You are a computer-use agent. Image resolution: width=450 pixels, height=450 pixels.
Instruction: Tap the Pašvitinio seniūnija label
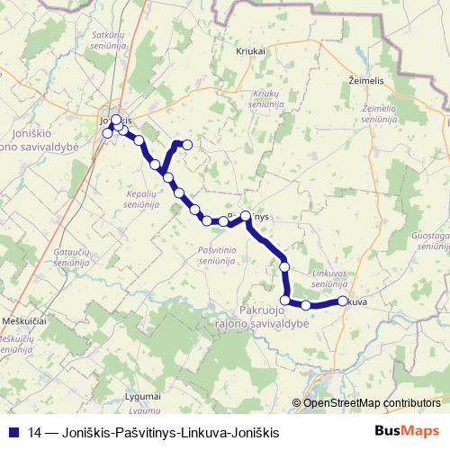tap(215, 254)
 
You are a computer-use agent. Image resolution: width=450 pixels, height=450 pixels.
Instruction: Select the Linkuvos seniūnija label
tap(330, 278)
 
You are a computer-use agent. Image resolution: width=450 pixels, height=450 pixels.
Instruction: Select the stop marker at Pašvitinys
tap(245, 216)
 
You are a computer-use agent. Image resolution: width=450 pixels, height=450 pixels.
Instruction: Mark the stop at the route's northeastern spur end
tap(188, 144)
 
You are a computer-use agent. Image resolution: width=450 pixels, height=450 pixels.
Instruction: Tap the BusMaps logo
tap(406, 431)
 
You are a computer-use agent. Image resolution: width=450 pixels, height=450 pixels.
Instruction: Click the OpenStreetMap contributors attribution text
tap(373, 403)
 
